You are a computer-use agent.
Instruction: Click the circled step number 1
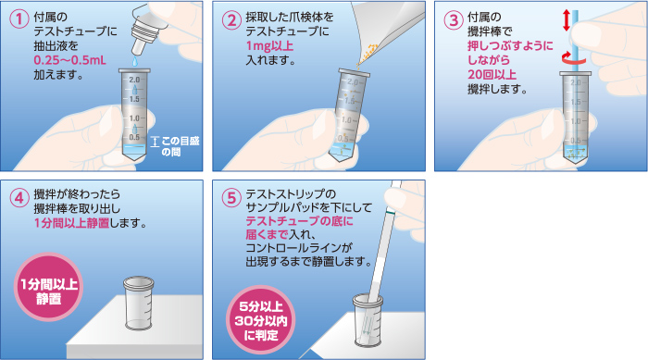[19, 20]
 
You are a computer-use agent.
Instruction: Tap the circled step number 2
[231, 20]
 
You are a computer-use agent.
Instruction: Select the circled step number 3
[454, 20]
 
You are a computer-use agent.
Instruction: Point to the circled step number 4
[19, 197]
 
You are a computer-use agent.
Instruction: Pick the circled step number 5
[231, 197]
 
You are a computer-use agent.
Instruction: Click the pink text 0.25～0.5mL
[69, 60]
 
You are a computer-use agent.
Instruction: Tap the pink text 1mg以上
[269, 46]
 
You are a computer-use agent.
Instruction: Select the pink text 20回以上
[492, 74]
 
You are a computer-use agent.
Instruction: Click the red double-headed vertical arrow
[567, 20]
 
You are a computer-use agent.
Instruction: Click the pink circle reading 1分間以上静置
[48, 287]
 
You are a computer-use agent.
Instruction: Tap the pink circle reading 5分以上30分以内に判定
[261, 320]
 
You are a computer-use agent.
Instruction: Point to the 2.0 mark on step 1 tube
[134, 80]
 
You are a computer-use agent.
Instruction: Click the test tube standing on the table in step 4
[139, 304]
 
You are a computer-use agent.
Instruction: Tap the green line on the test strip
[389, 213]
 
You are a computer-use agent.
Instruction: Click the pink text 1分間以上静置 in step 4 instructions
[71, 223]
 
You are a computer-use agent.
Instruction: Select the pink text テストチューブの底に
[300, 221]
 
